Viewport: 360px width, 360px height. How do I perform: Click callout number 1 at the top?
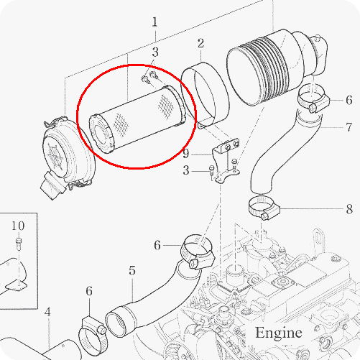coord(155,22)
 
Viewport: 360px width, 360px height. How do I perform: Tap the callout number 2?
coord(200,44)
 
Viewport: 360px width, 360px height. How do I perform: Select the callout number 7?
coord(349,127)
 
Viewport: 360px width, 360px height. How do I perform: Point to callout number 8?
coord(349,209)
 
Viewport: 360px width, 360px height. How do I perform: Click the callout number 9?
coord(186,154)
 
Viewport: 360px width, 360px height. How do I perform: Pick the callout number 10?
coord(18,226)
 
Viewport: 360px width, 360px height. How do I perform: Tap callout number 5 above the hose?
coord(132,270)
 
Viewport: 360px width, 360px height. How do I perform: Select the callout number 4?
coord(47,312)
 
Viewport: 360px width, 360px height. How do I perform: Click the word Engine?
coord(278,333)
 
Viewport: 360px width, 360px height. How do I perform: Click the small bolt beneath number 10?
coord(19,244)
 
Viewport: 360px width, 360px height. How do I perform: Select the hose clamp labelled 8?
coord(264,208)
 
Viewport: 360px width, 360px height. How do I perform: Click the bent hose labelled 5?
coord(153,300)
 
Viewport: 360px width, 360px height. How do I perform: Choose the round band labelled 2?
coord(206,94)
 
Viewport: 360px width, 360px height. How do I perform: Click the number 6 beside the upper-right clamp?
coord(349,100)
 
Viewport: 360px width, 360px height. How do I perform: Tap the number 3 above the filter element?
coord(155,52)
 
